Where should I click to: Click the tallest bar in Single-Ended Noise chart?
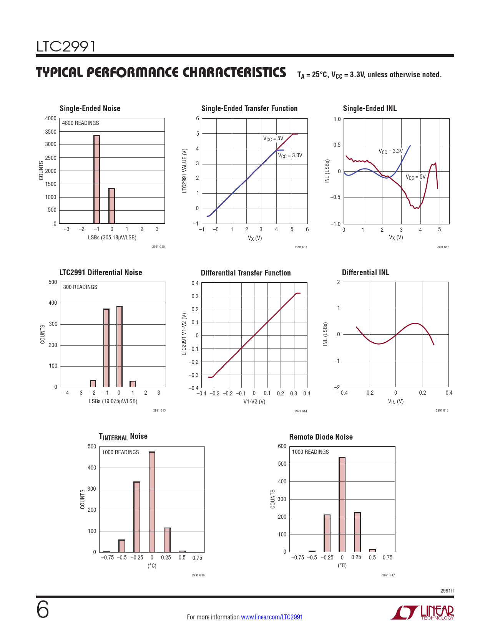[96, 179]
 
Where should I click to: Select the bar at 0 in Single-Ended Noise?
[112, 206]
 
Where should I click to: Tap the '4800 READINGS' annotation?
[81, 123]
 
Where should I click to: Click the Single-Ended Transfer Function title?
[249, 108]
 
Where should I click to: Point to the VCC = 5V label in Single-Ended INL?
[415, 177]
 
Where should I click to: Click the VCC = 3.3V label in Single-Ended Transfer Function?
[290, 156]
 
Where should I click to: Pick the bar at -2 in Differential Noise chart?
[93, 383]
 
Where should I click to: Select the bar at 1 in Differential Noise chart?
[133, 384]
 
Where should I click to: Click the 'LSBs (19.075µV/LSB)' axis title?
[113, 401]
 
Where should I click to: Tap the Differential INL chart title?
[365, 272]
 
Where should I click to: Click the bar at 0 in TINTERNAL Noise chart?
[152, 502]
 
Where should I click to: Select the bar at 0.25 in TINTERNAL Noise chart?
[167, 540]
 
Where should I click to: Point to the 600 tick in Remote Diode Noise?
[282, 446]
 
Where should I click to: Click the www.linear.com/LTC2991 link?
[272, 617]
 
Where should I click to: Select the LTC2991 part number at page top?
[66, 46]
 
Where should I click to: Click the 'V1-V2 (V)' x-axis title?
[254, 402]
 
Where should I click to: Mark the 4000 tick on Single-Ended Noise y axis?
[51, 118]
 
